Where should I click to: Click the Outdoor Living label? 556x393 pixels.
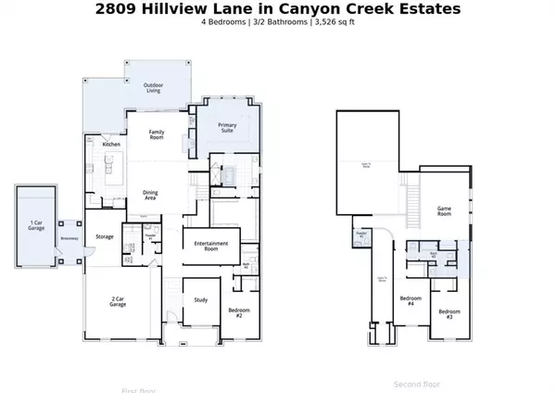153,88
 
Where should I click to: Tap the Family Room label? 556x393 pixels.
157,134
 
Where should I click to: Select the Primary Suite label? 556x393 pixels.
226,127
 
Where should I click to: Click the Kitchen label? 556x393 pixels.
111,145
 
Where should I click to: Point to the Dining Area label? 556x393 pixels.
150,196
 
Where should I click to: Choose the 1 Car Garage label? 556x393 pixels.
36,225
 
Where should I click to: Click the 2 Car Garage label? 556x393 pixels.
118,301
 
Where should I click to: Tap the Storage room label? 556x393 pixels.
105,236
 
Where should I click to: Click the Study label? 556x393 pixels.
200,298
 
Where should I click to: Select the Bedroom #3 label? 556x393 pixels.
449,313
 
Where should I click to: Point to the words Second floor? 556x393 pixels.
417,384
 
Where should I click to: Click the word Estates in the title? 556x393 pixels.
426,9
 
